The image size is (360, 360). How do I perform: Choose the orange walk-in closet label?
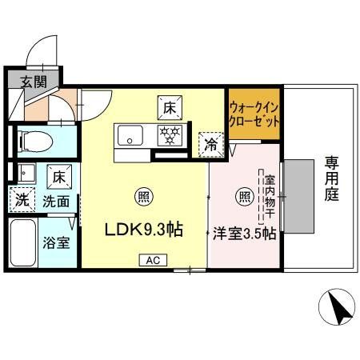[x=254, y=116]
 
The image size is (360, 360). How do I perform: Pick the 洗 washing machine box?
[x=21, y=200]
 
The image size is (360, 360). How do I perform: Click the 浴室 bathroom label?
[x=55, y=242]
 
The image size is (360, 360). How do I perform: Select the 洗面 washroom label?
[x=56, y=202]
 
